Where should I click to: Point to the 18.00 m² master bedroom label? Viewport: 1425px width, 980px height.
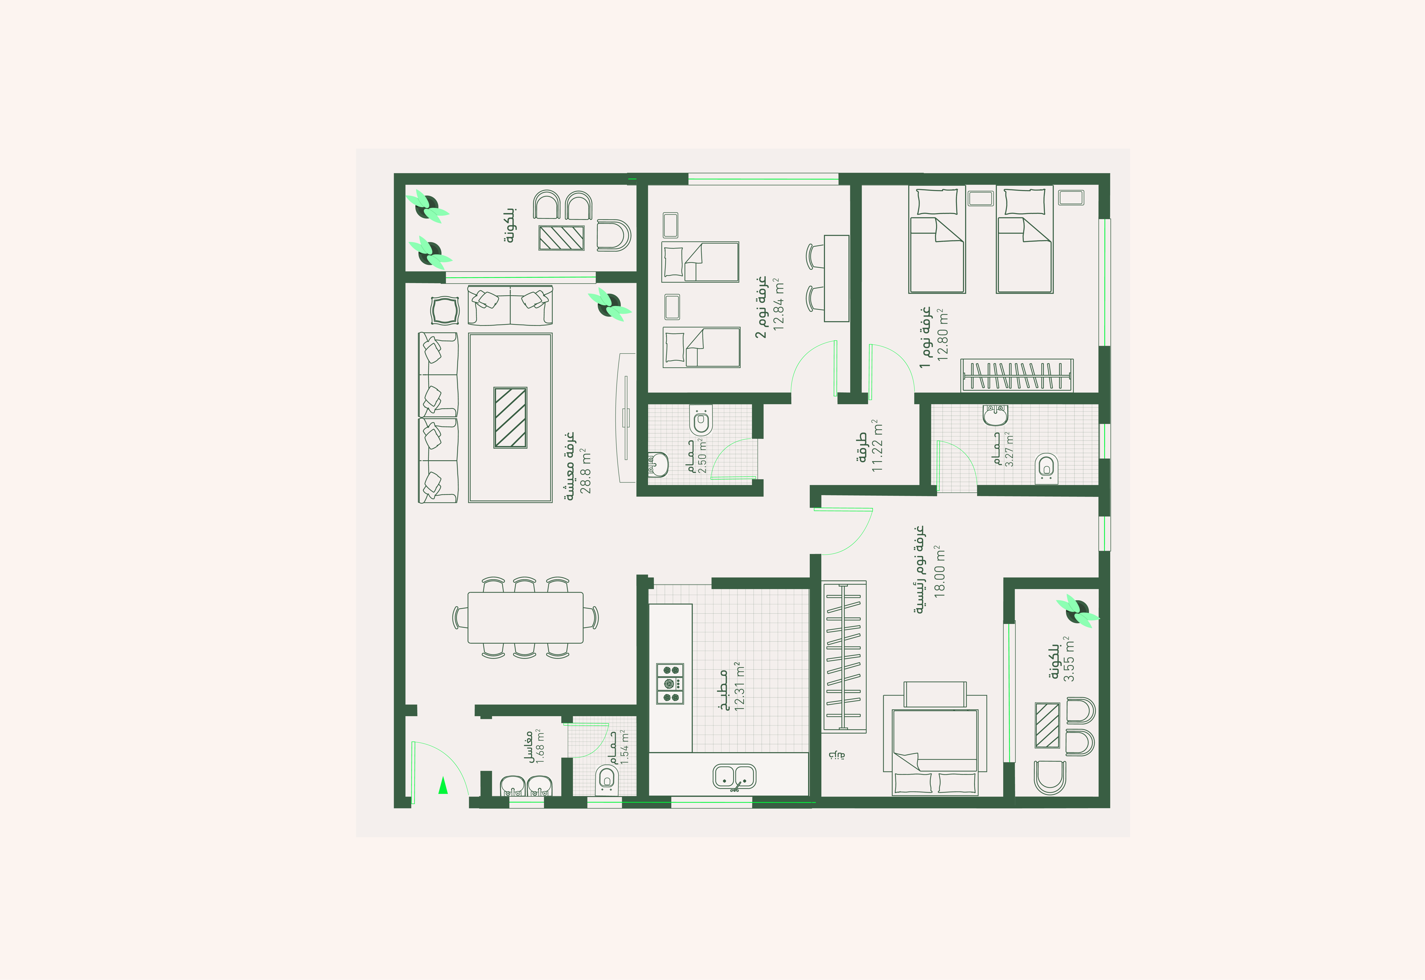click(939, 571)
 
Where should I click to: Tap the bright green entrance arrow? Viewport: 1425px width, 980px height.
click(443, 785)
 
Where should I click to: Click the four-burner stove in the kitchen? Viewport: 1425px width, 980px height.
click(670, 683)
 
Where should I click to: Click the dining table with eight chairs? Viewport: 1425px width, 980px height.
click(526, 617)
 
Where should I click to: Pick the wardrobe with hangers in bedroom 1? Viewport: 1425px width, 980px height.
click(1017, 375)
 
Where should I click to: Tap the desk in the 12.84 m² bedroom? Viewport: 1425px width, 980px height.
click(836, 278)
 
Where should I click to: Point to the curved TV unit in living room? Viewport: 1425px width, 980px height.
click(626, 417)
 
